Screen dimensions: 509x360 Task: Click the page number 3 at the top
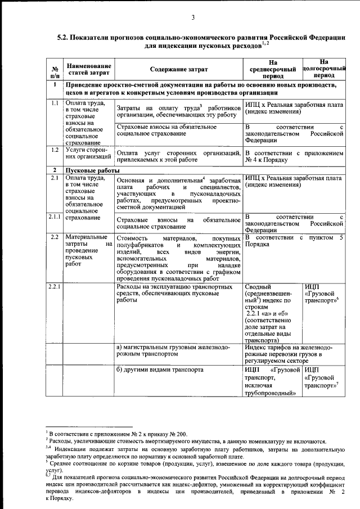point(192,17)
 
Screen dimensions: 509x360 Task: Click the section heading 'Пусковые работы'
point(93,170)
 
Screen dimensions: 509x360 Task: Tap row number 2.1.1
point(54,217)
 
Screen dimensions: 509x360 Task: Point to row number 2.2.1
point(54,287)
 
